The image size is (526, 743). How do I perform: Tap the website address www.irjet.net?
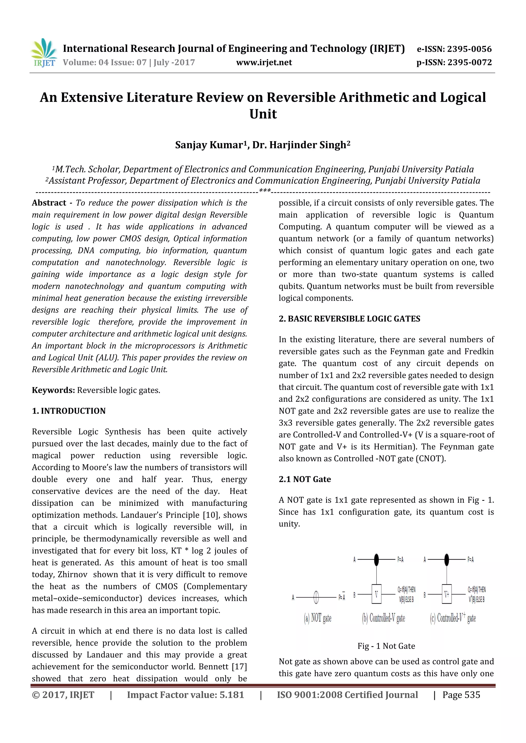tap(264, 62)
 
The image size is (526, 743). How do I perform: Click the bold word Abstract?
tap(49, 203)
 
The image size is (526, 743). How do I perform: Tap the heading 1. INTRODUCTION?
tap(69, 411)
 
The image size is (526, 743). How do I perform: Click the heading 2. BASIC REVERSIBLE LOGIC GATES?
tap(349, 319)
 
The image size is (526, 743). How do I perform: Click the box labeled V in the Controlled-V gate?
tap(376, 594)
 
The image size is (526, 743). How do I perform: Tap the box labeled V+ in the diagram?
tap(447, 594)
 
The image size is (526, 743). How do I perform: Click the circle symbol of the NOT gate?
tap(316, 597)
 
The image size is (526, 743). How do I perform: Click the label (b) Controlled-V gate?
tap(383, 618)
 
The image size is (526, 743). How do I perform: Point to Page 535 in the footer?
tap(461, 695)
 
